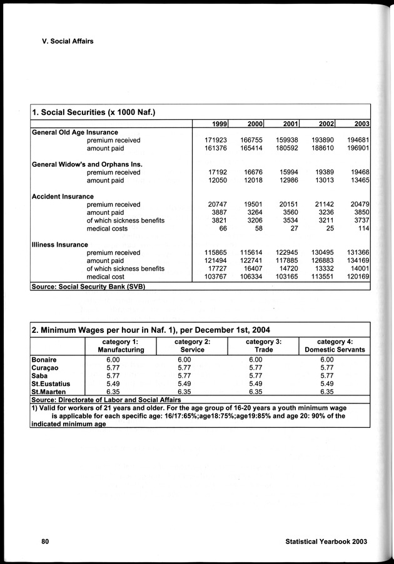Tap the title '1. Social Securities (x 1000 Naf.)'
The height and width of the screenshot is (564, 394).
click(x=93, y=112)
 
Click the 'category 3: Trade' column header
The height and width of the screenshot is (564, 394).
click(x=263, y=346)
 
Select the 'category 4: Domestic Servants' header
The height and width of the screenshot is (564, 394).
click(x=335, y=346)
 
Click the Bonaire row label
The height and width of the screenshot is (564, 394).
click(x=44, y=360)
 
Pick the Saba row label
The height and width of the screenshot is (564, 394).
click(x=40, y=376)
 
